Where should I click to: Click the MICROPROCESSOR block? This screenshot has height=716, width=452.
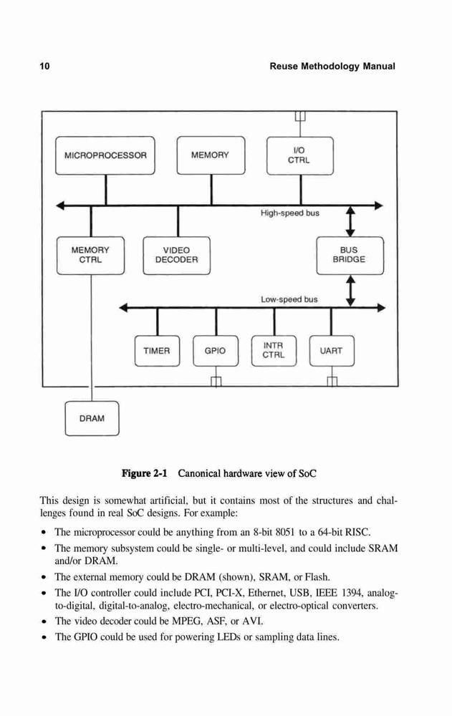(x=105, y=155)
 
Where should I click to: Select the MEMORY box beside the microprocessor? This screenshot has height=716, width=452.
(x=211, y=155)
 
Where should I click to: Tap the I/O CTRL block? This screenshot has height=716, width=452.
(x=300, y=155)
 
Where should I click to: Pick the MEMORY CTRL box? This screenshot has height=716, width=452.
(x=90, y=256)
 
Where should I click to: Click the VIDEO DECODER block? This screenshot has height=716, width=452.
(x=176, y=256)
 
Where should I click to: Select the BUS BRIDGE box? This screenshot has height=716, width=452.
(x=350, y=256)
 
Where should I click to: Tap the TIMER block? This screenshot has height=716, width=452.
(x=157, y=351)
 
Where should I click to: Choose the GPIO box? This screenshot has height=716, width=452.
(x=216, y=351)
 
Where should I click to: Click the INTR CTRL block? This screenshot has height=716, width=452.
(x=274, y=351)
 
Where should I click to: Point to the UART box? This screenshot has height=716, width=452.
(x=332, y=351)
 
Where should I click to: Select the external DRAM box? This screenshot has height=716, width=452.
(x=92, y=418)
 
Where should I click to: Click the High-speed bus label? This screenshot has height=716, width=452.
(x=290, y=213)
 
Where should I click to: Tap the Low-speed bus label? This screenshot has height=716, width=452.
(x=289, y=299)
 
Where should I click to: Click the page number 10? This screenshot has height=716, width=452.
(x=45, y=66)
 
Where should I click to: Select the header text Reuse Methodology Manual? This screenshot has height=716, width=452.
(x=332, y=66)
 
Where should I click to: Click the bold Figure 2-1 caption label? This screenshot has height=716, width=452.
(x=145, y=473)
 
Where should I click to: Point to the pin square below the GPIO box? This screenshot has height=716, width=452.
(x=216, y=382)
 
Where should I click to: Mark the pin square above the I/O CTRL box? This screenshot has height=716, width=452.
(x=300, y=117)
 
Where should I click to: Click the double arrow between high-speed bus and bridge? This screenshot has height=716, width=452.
(x=350, y=221)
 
